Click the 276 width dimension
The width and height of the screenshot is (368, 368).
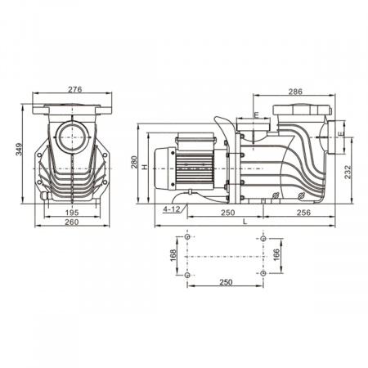[x=74, y=89]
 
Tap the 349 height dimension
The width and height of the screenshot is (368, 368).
[x=19, y=149]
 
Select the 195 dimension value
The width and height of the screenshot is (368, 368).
[x=72, y=213]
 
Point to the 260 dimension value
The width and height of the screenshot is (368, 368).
[x=72, y=222]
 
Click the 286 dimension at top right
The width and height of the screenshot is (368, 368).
[x=295, y=92]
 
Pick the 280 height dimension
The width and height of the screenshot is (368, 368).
[x=134, y=162]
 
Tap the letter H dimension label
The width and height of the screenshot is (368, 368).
[x=145, y=167]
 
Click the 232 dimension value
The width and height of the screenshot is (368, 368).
[x=348, y=173]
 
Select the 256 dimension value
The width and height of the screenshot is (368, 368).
[x=303, y=213]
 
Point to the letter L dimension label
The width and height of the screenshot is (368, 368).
[x=245, y=222]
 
